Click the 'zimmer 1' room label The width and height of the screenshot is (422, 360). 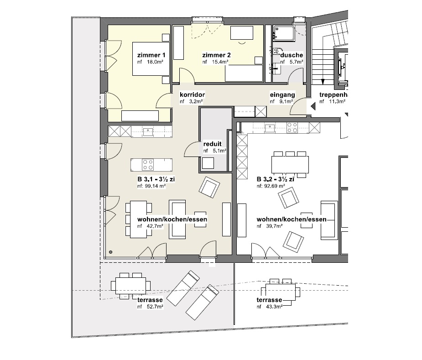click(151, 55)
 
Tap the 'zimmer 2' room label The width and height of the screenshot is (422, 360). click(216, 55)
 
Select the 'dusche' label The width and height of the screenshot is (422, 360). click(292, 55)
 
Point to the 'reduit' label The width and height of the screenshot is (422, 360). click(212, 144)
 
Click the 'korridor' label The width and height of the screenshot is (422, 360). click(192, 95)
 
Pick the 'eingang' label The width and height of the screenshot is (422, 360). click(282, 95)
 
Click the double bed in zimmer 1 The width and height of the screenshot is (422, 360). click(151, 59)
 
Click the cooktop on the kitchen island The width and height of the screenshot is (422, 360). click(148, 165)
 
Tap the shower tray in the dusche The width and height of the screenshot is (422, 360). click(284, 33)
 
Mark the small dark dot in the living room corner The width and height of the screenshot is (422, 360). click(110, 252)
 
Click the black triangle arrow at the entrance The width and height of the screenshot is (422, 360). click(313, 106)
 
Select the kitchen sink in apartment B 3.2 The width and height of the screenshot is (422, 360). click(270, 128)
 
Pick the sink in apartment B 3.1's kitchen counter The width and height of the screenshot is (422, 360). click(148, 132)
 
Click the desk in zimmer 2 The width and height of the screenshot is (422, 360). click(242, 33)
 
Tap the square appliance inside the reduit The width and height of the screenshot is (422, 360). click(208, 163)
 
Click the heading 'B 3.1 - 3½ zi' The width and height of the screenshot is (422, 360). click(156, 179)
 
